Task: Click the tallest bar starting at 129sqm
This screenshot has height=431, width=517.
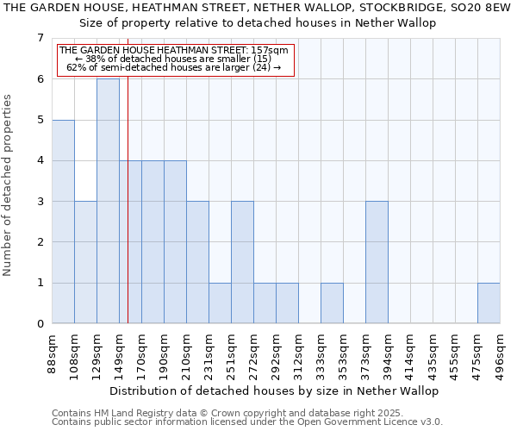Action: click(108, 201)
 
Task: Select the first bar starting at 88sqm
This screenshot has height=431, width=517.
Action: click(63, 222)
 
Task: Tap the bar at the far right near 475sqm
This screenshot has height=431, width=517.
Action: click(489, 303)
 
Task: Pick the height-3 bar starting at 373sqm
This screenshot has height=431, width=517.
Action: click(377, 262)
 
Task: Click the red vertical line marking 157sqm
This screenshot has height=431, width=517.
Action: click(128, 215)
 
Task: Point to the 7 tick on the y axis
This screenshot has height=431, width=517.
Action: click(40, 38)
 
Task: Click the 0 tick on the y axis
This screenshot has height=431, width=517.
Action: click(40, 324)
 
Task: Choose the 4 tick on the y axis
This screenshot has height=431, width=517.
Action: click(40, 160)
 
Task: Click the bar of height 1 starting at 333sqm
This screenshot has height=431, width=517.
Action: click(332, 303)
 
